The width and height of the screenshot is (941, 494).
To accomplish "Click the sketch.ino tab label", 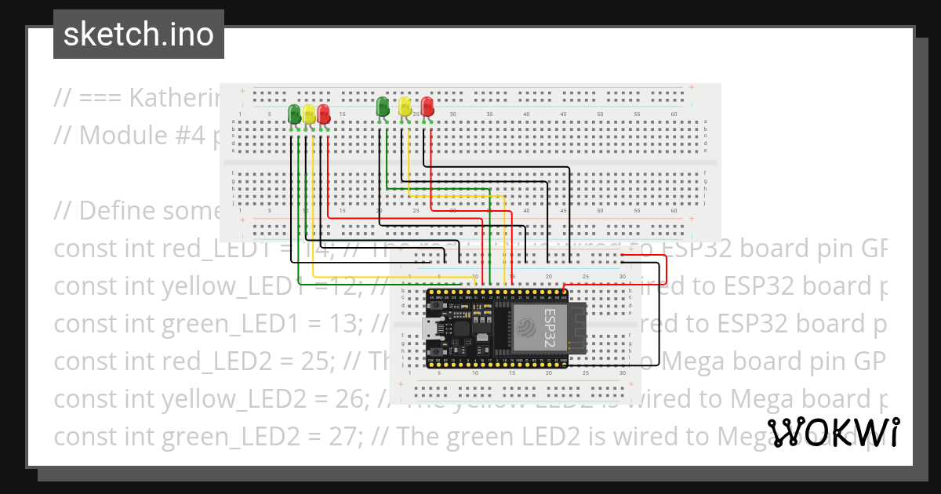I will (138, 35).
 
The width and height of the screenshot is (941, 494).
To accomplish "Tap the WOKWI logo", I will (833, 432).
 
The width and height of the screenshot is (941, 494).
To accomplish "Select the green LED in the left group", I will (295, 114).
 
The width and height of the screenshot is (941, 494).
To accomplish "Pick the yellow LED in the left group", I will (309, 114).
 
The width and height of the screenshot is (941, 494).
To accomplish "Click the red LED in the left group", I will (323, 114).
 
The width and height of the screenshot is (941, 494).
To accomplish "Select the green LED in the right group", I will (383, 106).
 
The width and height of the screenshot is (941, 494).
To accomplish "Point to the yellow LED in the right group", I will (405, 106).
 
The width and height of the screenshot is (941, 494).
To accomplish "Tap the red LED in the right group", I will (427, 106).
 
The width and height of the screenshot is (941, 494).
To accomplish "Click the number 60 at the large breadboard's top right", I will (674, 114).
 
